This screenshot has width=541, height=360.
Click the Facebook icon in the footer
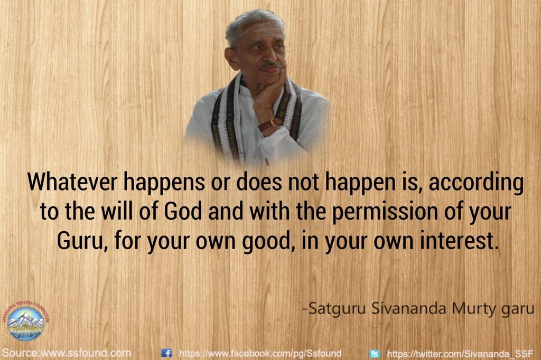tap(167, 353)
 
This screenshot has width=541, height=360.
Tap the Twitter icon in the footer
tap(375, 353)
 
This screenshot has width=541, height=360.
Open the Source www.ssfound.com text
tap(66, 352)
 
